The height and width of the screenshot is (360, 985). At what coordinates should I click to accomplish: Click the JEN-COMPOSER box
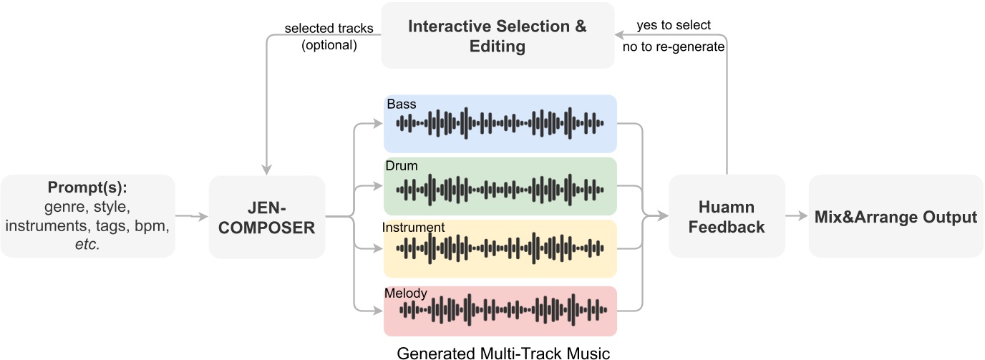[x=267, y=216]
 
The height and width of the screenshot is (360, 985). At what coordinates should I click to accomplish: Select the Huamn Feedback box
[x=727, y=216]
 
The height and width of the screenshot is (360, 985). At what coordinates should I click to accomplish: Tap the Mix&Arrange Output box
[x=896, y=216]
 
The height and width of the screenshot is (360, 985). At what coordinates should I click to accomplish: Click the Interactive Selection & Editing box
[x=497, y=36]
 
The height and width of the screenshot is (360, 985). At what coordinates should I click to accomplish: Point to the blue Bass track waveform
[x=500, y=123]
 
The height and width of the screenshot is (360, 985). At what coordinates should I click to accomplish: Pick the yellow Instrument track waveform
[x=500, y=250]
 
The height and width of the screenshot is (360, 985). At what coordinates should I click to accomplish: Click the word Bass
[x=401, y=104]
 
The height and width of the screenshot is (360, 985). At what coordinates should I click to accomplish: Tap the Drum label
[x=402, y=166]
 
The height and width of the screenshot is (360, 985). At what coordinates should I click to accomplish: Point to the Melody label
[x=405, y=293]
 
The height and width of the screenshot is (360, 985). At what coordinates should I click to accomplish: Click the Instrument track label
[x=414, y=228]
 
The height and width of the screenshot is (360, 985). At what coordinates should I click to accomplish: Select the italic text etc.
[x=88, y=243]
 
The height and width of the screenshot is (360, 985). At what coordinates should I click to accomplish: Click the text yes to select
[x=674, y=26]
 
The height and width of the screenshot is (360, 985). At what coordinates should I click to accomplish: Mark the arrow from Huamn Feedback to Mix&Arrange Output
[x=797, y=216]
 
